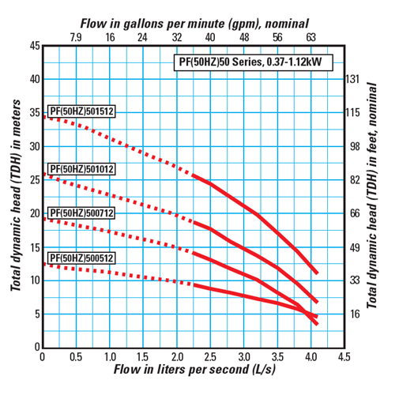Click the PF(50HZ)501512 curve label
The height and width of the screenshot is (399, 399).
[x=82, y=111]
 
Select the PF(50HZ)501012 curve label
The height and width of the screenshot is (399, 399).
[x=82, y=169]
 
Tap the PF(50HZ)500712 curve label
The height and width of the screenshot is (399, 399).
[x=82, y=213]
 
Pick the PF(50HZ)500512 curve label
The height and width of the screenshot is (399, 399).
[x=82, y=258]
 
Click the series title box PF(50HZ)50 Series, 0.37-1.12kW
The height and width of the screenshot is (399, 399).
[x=252, y=62]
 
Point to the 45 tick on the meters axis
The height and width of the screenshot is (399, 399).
[x=33, y=46]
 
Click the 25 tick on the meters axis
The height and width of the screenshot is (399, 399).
[x=33, y=180]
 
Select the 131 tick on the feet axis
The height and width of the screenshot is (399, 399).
[x=353, y=79]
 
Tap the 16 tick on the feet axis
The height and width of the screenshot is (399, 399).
[x=353, y=314]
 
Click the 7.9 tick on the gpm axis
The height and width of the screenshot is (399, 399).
[x=77, y=37]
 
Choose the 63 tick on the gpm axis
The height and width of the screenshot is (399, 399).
[x=311, y=37]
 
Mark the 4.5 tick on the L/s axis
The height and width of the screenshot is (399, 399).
[x=344, y=357]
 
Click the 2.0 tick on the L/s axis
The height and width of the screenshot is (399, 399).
[x=176, y=357]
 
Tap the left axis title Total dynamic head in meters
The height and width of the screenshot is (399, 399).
[x=15, y=196]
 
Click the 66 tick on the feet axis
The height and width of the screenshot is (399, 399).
[x=353, y=213]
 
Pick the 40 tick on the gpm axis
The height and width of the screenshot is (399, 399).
[x=210, y=37]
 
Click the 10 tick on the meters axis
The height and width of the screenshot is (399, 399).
[x=33, y=280]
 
